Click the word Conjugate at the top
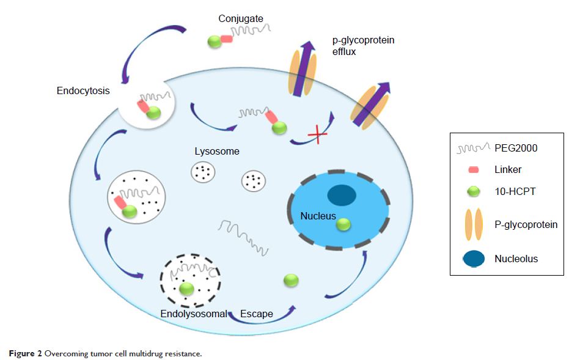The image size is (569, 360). (x=241, y=19)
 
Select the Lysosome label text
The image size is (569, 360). (x=217, y=151)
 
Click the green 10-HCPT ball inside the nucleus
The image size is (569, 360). (x=343, y=225)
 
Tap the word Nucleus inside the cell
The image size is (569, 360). (x=318, y=216)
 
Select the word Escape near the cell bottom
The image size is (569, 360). (x=257, y=314)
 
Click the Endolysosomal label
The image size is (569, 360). (x=193, y=314)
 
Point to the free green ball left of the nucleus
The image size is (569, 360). (x=291, y=280)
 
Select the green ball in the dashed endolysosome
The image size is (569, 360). (x=186, y=288)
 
